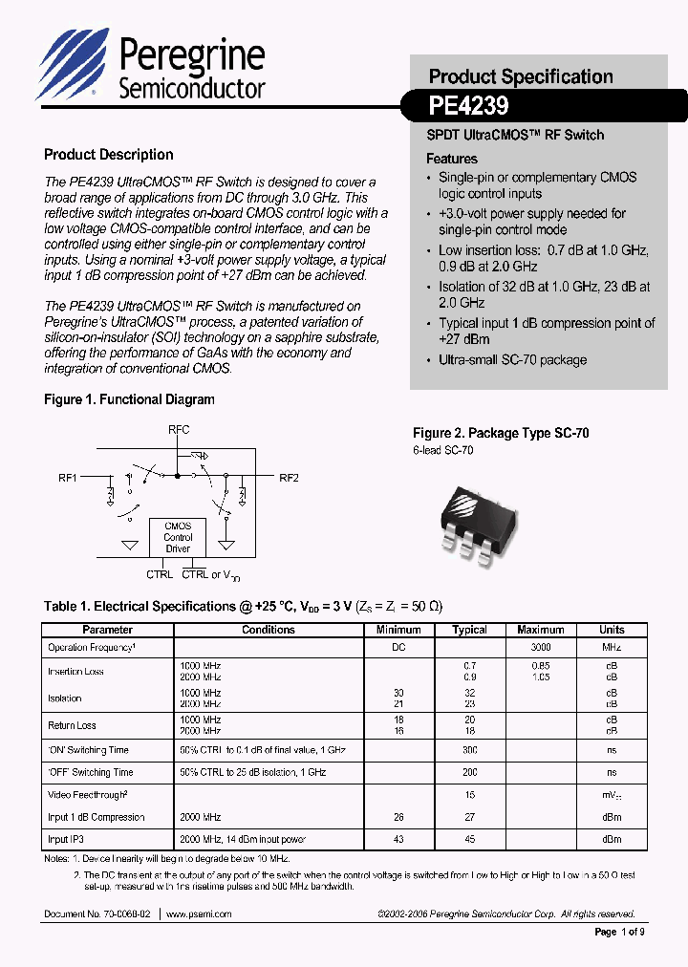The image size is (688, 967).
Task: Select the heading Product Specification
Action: point(521,76)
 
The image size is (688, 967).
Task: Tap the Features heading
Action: point(451,159)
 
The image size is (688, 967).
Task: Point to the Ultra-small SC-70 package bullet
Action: point(512,360)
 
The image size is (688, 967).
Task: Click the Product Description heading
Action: point(109,155)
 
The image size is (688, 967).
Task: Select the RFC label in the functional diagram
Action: point(178,430)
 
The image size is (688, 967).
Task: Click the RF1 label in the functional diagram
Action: point(70,477)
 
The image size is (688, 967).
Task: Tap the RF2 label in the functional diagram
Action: point(289,477)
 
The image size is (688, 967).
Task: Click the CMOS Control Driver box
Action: point(178,537)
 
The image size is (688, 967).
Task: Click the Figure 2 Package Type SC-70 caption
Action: point(501,434)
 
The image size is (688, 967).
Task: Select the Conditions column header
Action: point(269,630)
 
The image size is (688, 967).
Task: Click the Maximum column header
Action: point(541,630)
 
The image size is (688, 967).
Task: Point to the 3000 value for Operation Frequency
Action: point(541,648)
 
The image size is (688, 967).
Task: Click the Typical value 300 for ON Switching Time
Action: point(469,750)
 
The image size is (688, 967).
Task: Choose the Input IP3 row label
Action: point(72,839)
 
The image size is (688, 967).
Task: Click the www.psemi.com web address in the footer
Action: point(199,914)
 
